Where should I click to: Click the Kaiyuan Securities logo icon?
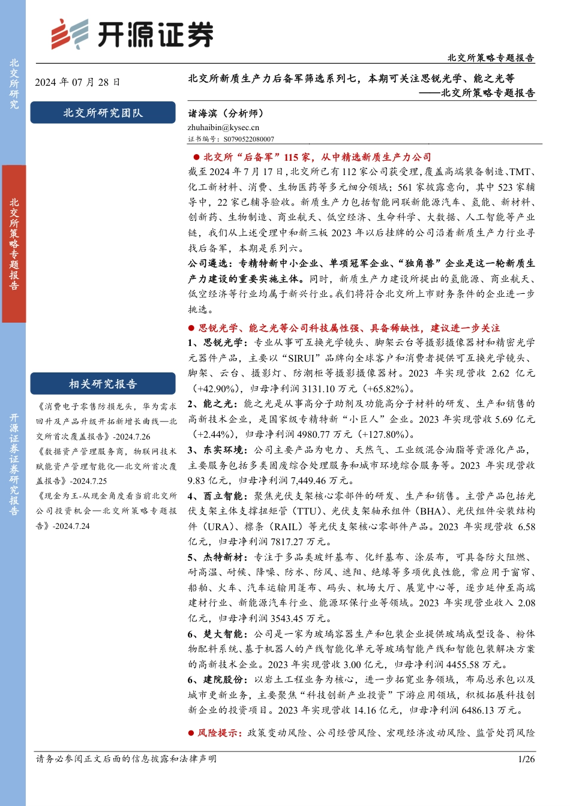(69, 34)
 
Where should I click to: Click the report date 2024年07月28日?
(77, 82)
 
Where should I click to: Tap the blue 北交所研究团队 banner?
(103, 113)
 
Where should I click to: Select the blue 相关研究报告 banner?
(103, 384)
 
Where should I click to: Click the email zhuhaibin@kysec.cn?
(223, 127)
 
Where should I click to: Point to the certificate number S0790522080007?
(248, 139)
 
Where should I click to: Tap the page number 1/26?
(526, 759)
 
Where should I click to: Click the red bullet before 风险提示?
(192, 733)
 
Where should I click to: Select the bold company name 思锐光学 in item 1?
(223, 342)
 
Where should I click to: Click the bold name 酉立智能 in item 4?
(223, 496)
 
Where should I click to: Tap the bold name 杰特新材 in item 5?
(223, 557)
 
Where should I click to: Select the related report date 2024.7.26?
(133, 437)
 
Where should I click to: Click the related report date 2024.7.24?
(71, 526)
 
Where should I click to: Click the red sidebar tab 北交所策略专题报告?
(14, 243)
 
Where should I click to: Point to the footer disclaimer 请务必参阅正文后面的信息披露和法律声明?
(126, 759)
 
